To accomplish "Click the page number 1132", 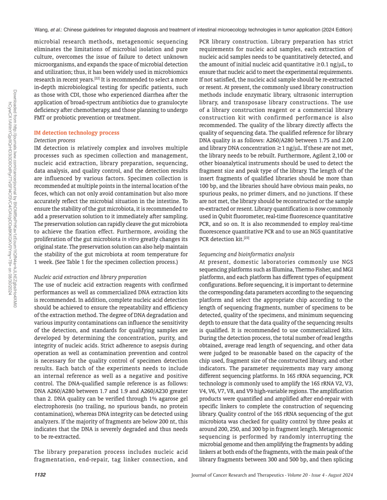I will tap(40, 475).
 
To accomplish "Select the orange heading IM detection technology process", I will tap(76, 132).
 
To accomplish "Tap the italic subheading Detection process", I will tap(54, 140).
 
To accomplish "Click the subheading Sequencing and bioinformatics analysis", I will tap(247, 254).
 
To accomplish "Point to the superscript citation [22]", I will tap(97, 78).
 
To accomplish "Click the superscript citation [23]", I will tap(247, 238).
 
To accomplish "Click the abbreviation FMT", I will tap(39, 117).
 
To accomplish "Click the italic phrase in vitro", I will tap(130, 239).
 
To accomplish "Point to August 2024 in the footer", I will tap(340, 475).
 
